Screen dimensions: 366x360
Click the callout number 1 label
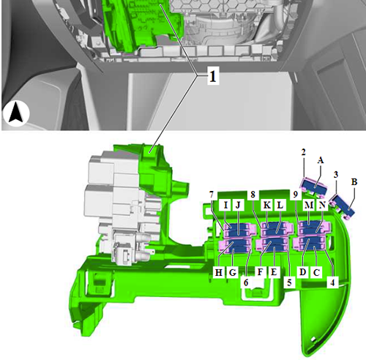coord(213,76)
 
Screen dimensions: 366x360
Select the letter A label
coord(321,160)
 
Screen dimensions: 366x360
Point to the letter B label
coord(354,181)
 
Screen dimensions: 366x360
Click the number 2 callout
coord(303,152)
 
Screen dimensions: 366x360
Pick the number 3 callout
coord(336,175)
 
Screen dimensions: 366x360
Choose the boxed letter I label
coord(226,205)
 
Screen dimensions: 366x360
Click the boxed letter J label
coord(238,205)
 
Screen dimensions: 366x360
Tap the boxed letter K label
coord(267,205)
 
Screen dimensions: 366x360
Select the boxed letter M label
coord(309,205)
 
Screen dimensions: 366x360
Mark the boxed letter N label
coord(322,205)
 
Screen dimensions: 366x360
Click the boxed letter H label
coord(219,272)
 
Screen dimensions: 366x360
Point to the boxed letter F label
coord(261,271)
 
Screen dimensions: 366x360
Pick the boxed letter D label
coord(302,271)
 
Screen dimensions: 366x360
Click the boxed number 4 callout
coord(332,282)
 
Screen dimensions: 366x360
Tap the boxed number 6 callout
coord(246,282)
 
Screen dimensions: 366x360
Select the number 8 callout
coord(253,195)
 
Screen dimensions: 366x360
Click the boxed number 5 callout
coord(289,282)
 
